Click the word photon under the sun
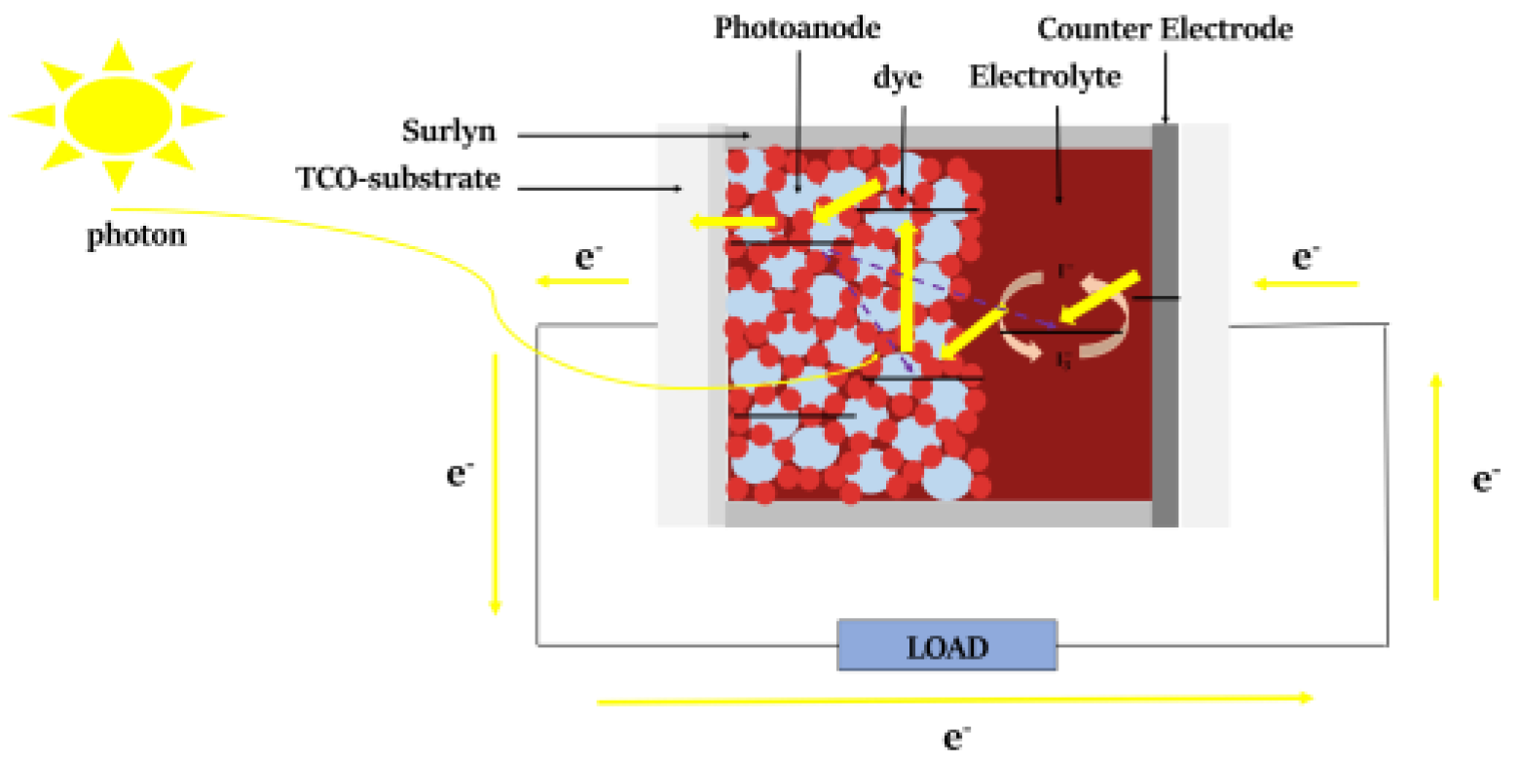[135, 236]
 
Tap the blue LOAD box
[947, 645]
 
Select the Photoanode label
[797, 26]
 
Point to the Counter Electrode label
[1165, 29]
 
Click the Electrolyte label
[1045, 76]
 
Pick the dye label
[897, 76]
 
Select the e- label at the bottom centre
[957, 738]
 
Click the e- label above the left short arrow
[587, 258]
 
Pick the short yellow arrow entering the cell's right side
[1305, 284]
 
